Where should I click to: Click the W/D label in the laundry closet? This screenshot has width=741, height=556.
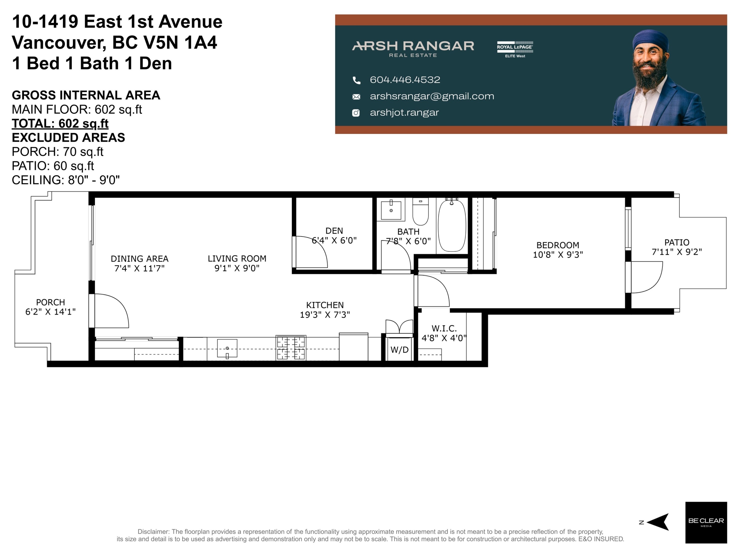tap(399, 350)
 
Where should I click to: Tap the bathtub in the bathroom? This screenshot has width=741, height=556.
tap(452, 225)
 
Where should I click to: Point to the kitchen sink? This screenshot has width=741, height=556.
tap(227, 348)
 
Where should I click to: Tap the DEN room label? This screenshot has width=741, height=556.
tap(334, 231)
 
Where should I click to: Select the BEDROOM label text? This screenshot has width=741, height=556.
tap(558, 245)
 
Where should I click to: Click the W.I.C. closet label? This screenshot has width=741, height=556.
tap(444, 328)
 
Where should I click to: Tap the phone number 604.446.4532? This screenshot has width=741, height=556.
tap(405, 80)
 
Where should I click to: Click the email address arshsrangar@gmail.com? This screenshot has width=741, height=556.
tap(432, 96)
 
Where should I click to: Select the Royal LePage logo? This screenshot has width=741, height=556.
tap(515, 49)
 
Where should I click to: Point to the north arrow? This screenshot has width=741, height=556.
tap(658, 522)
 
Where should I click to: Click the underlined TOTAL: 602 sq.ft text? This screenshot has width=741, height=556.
tap(60, 123)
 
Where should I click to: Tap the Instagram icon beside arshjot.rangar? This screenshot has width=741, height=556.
tap(356, 113)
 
